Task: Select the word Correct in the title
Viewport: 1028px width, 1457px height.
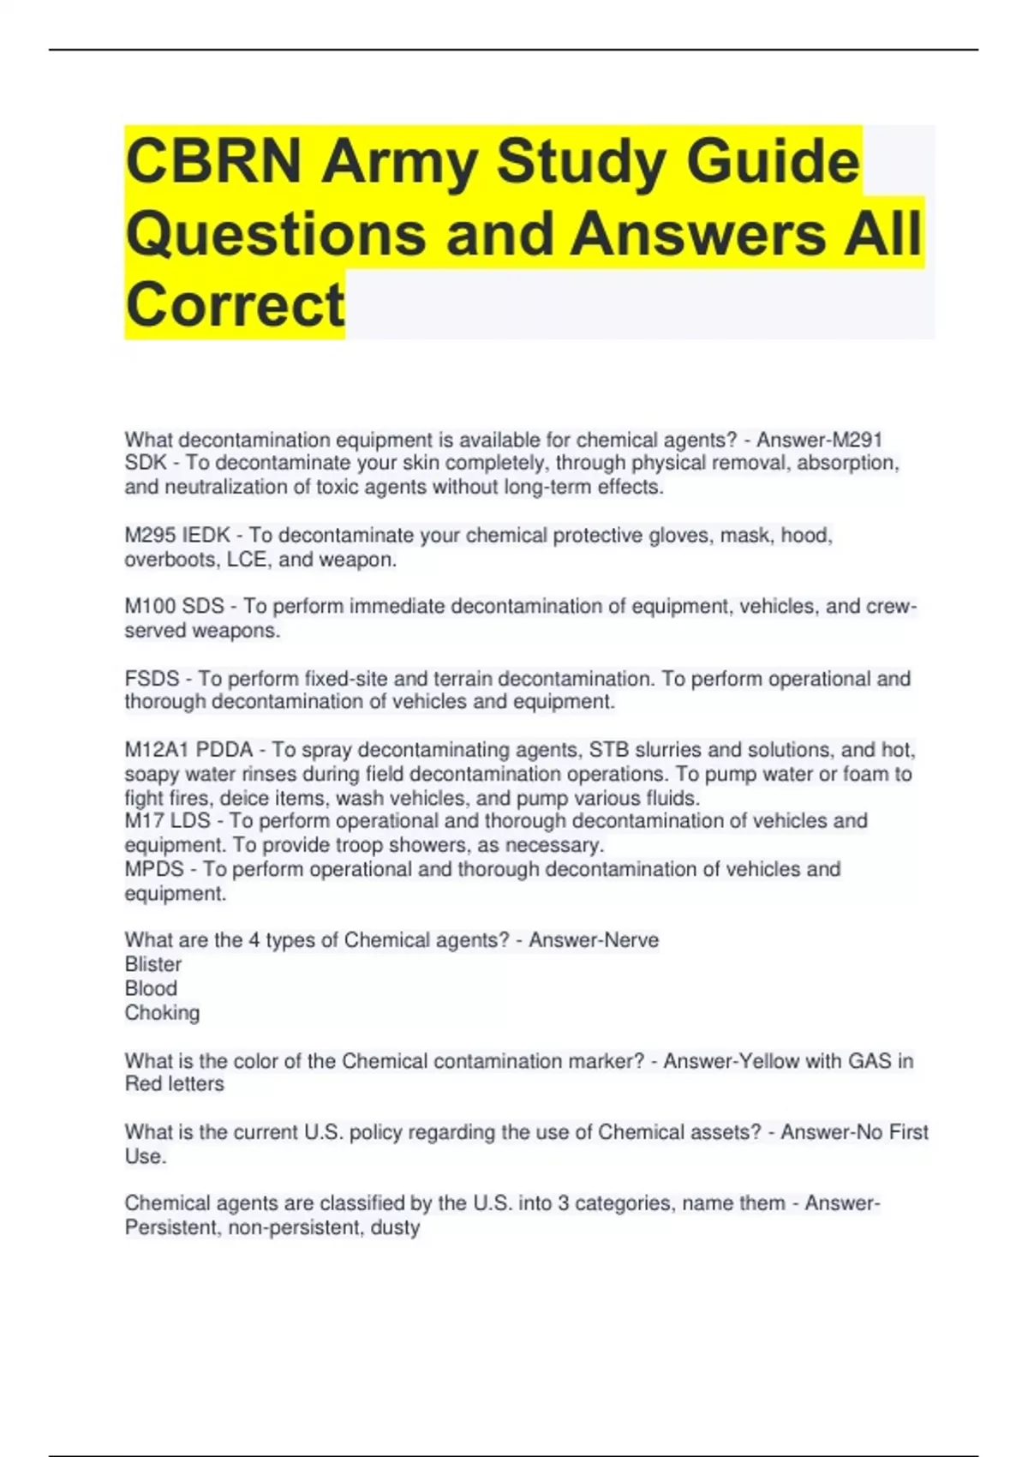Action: coord(235,304)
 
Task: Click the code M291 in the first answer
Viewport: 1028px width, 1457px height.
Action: coord(857,440)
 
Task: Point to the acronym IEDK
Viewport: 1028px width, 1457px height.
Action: coord(206,536)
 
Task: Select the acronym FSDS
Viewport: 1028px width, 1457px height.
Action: coord(152,679)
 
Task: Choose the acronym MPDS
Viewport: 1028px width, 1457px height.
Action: coord(154,869)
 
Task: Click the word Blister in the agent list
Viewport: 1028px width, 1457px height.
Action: coord(153,964)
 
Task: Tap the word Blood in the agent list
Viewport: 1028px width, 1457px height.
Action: coord(151,988)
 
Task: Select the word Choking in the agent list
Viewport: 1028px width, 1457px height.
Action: coord(162,1013)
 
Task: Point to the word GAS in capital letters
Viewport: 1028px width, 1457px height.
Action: coord(870,1061)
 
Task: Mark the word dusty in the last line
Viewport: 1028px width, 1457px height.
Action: coord(395,1227)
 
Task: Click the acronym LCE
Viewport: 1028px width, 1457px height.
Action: coord(247,560)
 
